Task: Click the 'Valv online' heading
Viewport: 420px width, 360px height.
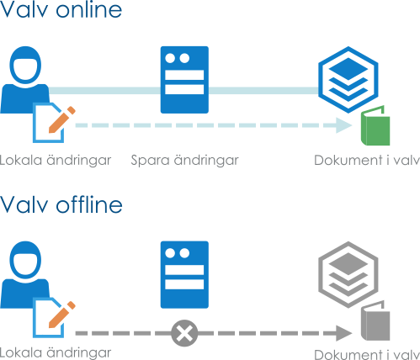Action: pyautogui.click(x=61, y=9)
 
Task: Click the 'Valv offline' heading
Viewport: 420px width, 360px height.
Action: pyautogui.click(x=61, y=204)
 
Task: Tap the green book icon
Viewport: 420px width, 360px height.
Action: pyautogui.click(x=375, y=125)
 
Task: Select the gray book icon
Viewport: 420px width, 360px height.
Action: pyautogui.click(x=375, y=320)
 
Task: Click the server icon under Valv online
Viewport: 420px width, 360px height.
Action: pyautogui.click(x=184, y=80)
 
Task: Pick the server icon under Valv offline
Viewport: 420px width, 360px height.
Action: pyautogui.click(x=184, y=275)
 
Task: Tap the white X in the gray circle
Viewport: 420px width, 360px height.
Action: pyautogui.click(x=184, y=333)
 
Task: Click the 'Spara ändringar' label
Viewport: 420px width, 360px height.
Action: pyautogui.click(x=184, y=161)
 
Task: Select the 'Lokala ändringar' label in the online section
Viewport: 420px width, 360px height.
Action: pyautogui.click(x=56, y=161)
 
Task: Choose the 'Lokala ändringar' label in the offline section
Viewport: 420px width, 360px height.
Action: pyautogui.click(x=56, y=352)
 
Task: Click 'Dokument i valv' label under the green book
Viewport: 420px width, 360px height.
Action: pyautogui.click(x=367, y=161)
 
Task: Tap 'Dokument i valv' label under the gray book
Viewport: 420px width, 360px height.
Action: pyautogui.click(x=367, y=354)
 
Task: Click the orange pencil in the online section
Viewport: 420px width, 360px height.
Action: pyautogui.click(x=62, y=119)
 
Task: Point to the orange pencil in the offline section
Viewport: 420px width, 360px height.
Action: pyautogui.click(x=62, y=315)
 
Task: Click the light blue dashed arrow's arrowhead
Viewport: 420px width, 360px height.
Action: pyautogui.click(x=344, y=125)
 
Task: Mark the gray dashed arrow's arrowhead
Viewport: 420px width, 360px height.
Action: pyautogui.click(x=344, y=333)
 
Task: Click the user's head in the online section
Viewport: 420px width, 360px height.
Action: pyautogui.click(x=25, y=65)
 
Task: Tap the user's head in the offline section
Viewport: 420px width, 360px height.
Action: pyautogui.click(x=25, y=260)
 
